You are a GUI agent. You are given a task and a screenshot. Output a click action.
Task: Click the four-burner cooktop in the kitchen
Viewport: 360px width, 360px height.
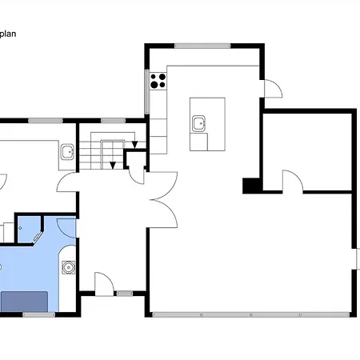(x=158, y=81)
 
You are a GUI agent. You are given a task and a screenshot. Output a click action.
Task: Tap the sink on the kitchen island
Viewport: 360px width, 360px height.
(x=198, y=123)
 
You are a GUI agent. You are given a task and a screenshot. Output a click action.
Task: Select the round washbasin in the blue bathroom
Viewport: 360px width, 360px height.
(x=69, y=267)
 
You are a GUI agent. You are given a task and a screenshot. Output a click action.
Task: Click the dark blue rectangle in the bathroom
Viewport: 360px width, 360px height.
(x=25, y=302)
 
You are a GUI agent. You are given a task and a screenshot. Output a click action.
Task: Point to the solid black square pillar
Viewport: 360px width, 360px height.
(x=251, y=186)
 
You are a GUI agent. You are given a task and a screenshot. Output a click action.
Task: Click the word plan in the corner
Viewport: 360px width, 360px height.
(x=8, y=34)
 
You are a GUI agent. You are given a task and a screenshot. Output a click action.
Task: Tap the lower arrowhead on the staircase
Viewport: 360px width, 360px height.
(x=113, y=166)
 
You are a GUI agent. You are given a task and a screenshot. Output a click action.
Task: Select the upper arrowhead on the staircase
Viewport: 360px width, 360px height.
(x=134, y=145)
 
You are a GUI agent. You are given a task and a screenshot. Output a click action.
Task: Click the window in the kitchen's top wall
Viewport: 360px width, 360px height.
(x=202, y=46)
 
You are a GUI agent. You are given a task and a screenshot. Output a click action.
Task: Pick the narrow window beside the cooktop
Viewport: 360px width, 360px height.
(x=147, y=92)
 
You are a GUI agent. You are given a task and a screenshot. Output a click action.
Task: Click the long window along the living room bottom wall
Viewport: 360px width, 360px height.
(x=250, y=314)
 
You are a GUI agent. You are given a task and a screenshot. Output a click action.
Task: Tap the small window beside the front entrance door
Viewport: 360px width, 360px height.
(x=125, y=294)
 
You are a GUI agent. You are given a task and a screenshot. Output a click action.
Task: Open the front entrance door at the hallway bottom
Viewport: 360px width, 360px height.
(x=104, y=284)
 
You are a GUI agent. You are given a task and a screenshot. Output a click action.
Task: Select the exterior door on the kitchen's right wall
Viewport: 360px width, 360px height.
(x=273, y=89)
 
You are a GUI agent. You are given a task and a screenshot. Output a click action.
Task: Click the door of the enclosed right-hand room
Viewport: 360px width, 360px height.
(x=293, y=181)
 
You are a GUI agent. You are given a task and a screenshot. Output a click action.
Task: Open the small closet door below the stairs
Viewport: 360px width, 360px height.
(x=137, y=175)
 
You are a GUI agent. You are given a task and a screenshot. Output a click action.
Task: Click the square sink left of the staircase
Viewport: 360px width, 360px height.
(x=67, y=152)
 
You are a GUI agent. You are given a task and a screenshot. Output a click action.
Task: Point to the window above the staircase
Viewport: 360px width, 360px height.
(x=113, y=121)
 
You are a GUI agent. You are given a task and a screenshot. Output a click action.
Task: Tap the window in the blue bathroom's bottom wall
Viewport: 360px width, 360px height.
(x=38, y=314)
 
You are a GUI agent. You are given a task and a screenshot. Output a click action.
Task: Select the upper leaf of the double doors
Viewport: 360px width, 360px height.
(x=163, y=186)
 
